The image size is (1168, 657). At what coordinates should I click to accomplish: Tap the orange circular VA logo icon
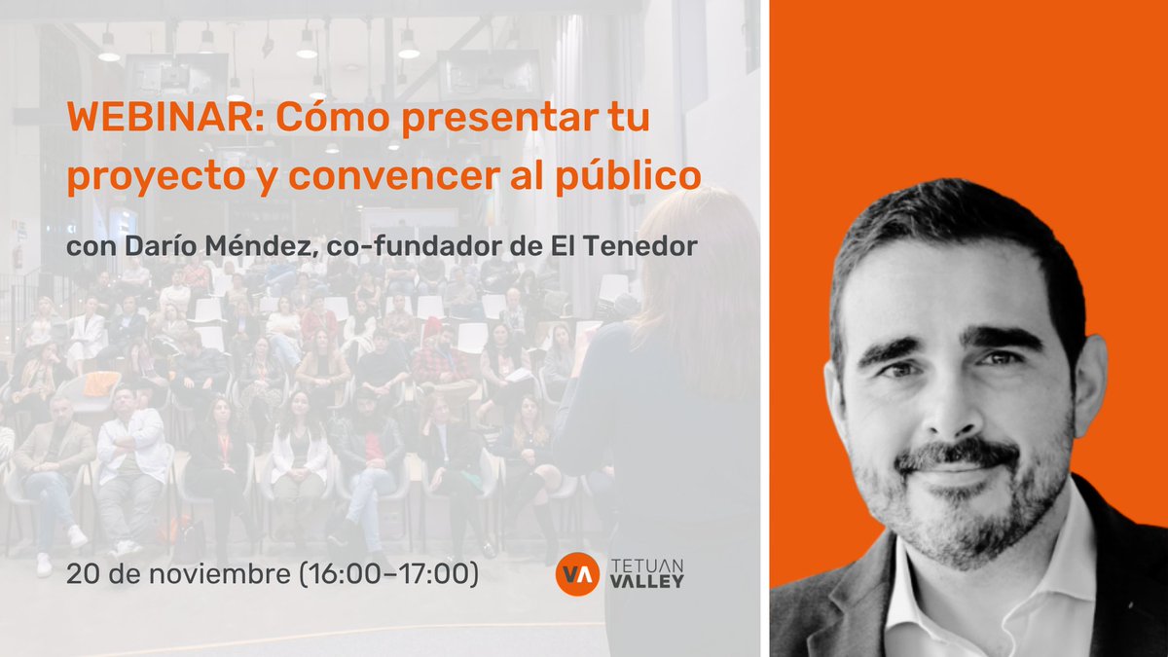(x=576, y=574)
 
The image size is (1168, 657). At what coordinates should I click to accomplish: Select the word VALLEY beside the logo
(x=649, y=581)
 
